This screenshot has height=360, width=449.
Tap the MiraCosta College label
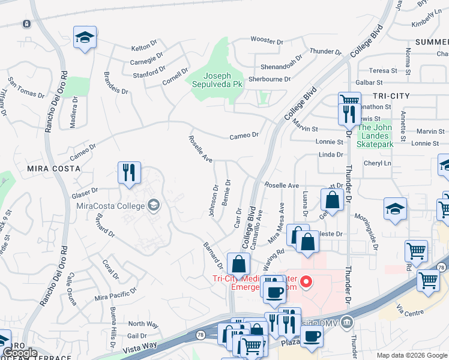click(111, 206)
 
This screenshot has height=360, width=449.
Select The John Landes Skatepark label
click(375, 136)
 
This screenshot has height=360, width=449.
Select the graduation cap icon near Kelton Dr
click(85, 38)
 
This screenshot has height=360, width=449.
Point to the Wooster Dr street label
click(267, 41)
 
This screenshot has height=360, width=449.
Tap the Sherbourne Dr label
click(270, 79)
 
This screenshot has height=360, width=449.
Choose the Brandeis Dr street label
click(116, 83)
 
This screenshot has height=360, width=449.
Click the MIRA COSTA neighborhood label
click(53, 169)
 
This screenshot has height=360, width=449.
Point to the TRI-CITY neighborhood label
click(391, 96)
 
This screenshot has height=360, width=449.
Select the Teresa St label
click(383, 70)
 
